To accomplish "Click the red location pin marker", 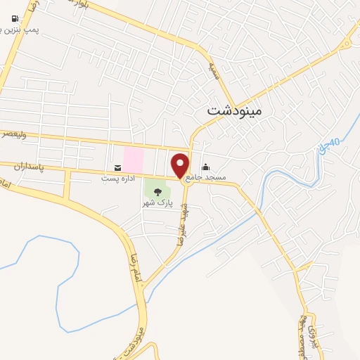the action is point(181,164).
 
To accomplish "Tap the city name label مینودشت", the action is point(233,110).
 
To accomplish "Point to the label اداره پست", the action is point(117,179).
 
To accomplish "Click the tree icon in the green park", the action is point(157,191).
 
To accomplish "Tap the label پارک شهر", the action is point(156,202).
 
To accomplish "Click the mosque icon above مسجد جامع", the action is point(205,167).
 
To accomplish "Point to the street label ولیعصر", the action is point(13,133).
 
